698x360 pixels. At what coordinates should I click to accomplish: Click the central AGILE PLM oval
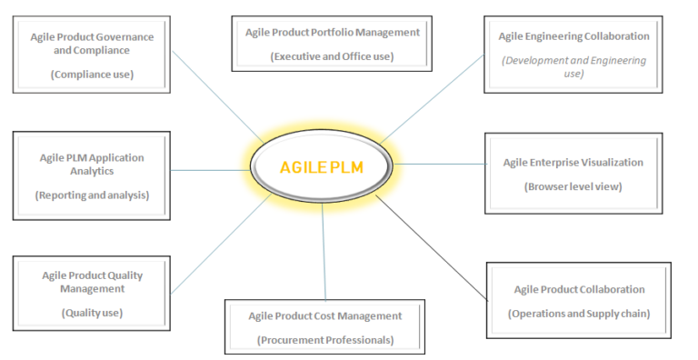click(323, 167)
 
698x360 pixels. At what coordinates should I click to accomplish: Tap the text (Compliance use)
click(92, 75)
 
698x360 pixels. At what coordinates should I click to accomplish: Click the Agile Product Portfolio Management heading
click(333, 32)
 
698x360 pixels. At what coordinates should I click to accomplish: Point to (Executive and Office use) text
click(333, 56)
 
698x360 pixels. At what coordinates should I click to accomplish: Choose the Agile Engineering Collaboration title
click(573, 36)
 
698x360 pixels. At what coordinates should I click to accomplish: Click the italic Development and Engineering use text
click(573, 66)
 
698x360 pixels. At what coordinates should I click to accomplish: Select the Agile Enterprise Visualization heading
click(573, 163)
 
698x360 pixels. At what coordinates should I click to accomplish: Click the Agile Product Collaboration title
click(579, 289)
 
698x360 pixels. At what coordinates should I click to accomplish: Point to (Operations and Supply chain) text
click(579, 314)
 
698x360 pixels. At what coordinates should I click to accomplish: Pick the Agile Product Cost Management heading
click(324, 315)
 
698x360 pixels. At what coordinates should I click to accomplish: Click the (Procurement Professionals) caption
click(324, 340)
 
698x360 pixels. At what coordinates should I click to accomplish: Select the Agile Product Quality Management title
click(92, 281)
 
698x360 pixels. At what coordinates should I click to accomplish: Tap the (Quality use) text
click(92, 313)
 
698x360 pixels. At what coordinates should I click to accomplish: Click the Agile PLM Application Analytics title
click(92, 164)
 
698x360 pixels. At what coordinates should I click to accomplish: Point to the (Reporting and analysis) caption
click(92, 195)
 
